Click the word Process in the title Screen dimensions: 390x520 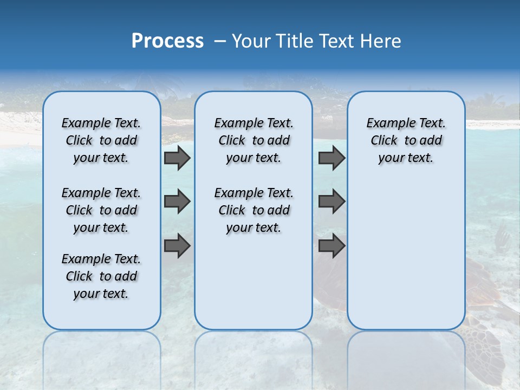coord(167,41)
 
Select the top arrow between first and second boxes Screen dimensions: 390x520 coord(177,158)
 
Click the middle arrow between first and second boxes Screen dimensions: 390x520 coord(177,201)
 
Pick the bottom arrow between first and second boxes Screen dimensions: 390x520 coord(177,246)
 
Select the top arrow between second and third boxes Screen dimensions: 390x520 coord(331,158)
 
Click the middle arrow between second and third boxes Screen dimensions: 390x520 coord(331,201)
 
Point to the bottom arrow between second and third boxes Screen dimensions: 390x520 coord(331,246)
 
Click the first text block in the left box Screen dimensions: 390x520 coord(101,141)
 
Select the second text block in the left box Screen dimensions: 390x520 coord(101,210)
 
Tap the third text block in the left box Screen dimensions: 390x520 coord(101,276)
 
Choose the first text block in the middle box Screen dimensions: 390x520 coord(253,141)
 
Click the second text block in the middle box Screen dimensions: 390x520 coord(253,210)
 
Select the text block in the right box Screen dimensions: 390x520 coord(406,141)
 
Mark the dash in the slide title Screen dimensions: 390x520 coord(220,41)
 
